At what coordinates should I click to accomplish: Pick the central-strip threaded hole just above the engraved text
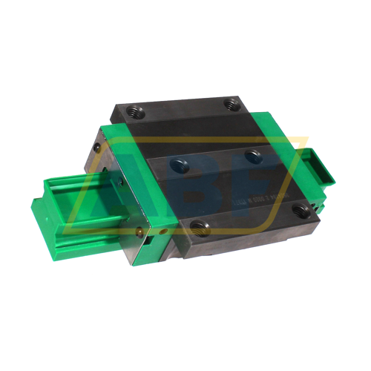(x=253, y=156)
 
